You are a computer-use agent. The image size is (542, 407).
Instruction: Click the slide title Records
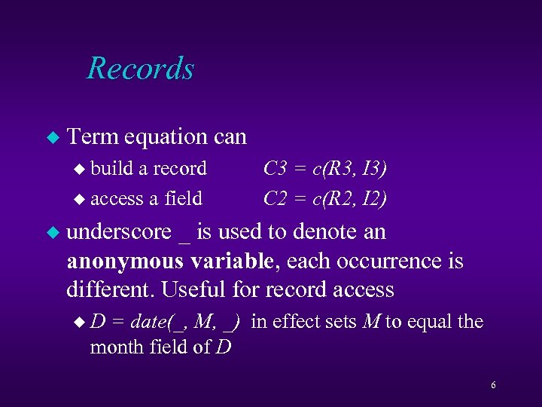140,68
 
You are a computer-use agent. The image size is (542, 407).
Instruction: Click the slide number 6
493,386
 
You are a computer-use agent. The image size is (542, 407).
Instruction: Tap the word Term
93,136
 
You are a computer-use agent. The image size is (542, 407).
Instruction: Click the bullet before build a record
83,169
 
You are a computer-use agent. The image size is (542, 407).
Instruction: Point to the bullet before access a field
83,199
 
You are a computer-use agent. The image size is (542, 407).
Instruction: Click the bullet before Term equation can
52,137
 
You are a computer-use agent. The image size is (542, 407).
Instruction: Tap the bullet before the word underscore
52,233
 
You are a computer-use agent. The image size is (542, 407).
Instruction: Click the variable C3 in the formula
275,168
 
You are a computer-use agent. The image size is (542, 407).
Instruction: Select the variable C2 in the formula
275,198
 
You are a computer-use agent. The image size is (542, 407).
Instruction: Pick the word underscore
119,232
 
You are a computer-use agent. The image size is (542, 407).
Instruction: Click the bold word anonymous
124,262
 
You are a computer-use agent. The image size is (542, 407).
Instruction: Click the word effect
290,322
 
